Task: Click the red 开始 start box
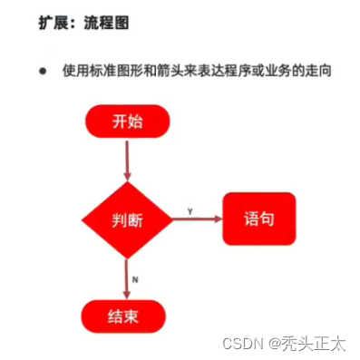128,121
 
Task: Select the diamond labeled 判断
128,219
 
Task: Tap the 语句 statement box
258,219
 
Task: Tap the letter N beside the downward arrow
135,279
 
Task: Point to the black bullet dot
42,71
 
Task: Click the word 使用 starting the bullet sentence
74,71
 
